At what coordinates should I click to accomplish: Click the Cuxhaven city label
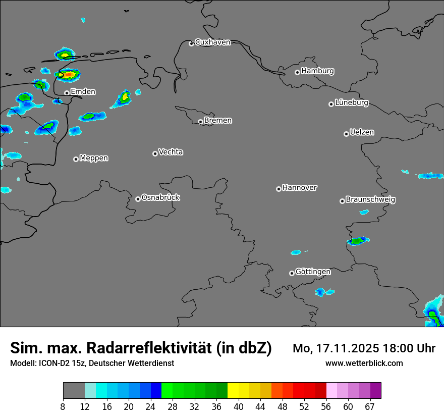212,42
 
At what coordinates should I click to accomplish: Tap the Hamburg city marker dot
297,72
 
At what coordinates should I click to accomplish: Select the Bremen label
218,121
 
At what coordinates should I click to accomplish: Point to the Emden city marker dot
67,93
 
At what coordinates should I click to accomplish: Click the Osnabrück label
160,197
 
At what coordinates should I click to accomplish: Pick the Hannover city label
299,188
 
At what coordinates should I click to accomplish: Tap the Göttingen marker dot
292,273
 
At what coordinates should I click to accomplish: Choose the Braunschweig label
370,200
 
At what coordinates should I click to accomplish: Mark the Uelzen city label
362,133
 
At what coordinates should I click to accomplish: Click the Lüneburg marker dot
331,104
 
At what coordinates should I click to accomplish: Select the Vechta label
171,152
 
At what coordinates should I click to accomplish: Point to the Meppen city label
94,158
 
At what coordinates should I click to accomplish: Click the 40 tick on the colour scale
239,407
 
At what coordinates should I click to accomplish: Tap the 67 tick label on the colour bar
370,407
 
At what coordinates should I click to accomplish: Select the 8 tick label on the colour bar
63,407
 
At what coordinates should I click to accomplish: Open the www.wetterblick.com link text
364,363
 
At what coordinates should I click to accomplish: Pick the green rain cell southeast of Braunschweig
358,241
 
